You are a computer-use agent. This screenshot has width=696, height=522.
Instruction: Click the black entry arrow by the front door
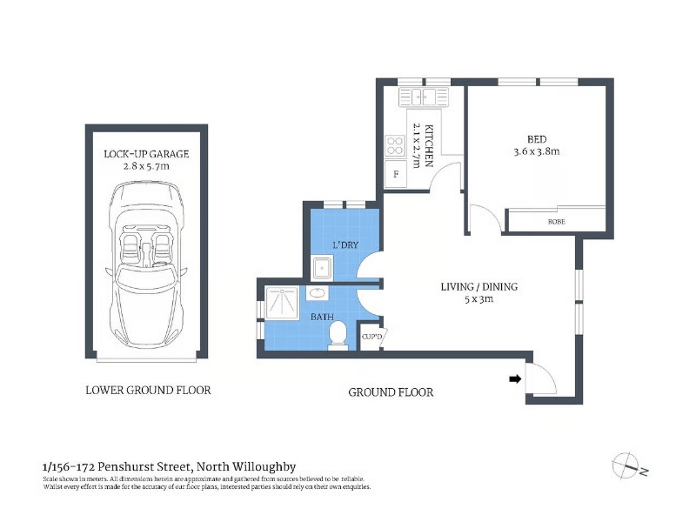(515, 379)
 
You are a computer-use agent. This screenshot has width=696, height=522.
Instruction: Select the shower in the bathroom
(282, 303)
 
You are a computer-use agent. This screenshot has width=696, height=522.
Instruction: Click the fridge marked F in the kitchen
(396, 173)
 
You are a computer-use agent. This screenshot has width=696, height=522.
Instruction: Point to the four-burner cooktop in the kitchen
(395, 146)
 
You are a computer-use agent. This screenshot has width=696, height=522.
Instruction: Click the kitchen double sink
(424, 97)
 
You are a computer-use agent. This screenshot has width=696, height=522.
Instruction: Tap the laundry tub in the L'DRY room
(322, 268)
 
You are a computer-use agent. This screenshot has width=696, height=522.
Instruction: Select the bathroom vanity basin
(318, 293)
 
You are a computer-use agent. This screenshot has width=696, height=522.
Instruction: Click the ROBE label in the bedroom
(556, 222)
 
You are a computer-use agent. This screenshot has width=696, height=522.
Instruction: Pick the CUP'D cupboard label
(371, 337)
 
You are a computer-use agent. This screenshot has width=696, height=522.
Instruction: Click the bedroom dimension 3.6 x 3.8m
(537, 151)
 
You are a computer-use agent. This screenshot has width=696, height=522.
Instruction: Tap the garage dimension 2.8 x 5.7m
(146, 166)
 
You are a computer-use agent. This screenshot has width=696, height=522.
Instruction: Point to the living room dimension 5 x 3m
(479, 299)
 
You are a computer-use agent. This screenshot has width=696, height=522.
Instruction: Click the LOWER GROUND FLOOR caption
(148, 390)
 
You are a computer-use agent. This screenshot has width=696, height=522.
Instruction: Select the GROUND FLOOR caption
(391, 392)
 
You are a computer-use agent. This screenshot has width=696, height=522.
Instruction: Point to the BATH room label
(322, 317)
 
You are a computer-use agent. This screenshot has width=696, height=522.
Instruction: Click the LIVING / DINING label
(479, 287)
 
